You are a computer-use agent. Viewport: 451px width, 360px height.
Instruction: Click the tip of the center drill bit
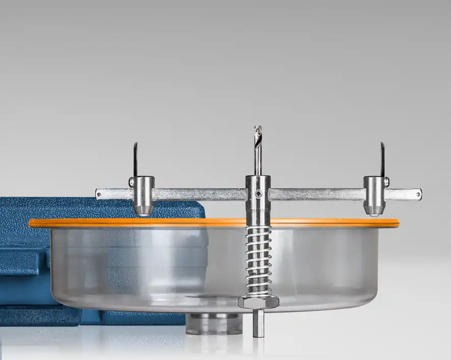click(x=258, y=127)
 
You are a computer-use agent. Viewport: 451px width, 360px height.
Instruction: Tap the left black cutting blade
click(x=136, y=159)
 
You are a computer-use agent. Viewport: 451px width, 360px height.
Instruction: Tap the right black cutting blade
click(x=382, y=159)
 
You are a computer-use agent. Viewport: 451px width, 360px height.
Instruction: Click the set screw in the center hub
click(x=259, y=194)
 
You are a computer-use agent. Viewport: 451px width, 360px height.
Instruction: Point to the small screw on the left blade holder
click(x=131, y=182)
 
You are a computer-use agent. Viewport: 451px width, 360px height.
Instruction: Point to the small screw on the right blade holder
click(x=386, y=182)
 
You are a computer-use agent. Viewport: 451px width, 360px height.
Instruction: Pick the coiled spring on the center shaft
click(x=258, y=260)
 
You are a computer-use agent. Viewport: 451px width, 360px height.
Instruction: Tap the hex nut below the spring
click(x=258, y=302)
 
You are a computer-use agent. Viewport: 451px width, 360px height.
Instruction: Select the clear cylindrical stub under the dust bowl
click(x=214, y=324)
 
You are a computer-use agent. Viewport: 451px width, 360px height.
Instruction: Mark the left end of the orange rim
click(x=31, y=223)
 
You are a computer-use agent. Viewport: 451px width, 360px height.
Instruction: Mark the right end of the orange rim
click(x=397, y=223)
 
